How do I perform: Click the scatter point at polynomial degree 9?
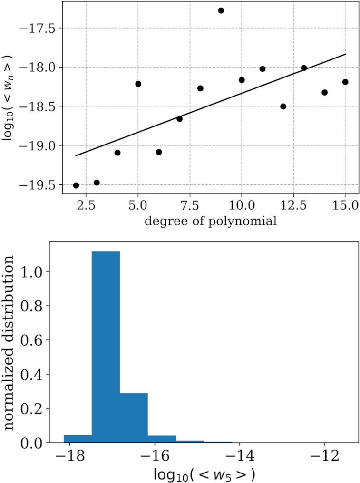point(221,10)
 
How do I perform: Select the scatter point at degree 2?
point(76,185)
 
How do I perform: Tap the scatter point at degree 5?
point(138,84)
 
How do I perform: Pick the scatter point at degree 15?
point(345,82)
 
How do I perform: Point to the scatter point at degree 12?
point(283,106)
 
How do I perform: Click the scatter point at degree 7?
point(179,119)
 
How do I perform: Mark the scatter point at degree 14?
point(324,92)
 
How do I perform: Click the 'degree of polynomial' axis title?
point(211,222)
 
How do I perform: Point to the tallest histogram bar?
point(106,347)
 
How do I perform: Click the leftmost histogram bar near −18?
point(78,439)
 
